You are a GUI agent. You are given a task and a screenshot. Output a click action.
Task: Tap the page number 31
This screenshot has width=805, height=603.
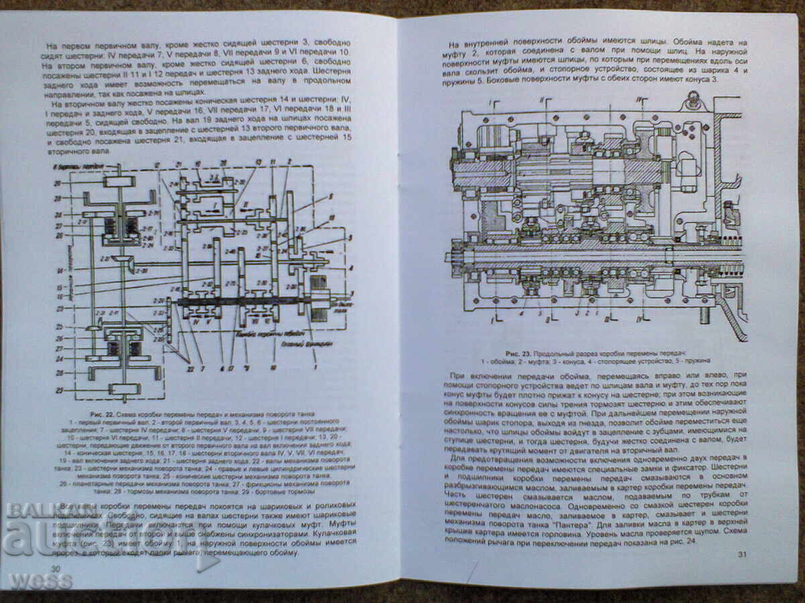point(741,553)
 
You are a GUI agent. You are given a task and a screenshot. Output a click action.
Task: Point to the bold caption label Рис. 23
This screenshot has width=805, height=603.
point(521,352)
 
